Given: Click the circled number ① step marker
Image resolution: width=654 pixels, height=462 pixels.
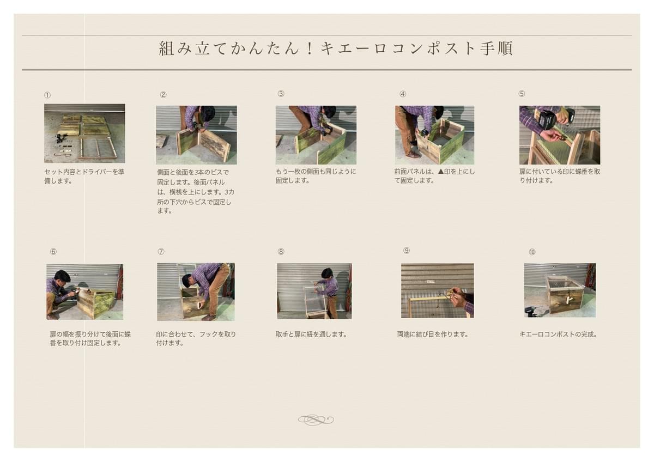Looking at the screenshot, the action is [47, 95].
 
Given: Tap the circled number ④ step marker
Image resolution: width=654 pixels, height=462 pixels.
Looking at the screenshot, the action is [403, 94].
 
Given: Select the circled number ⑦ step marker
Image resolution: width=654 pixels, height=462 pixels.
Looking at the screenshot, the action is [161, 252].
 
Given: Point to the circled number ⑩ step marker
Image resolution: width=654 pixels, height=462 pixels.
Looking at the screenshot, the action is [532, 252].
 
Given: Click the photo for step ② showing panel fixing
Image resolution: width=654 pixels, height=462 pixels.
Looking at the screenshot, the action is [196, 135].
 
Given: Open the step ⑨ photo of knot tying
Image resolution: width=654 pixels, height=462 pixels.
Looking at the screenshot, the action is [437, 291].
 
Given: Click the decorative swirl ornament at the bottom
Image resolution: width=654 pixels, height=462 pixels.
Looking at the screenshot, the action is [316, 420].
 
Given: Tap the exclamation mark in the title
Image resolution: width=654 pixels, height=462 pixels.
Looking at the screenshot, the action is [310, 48].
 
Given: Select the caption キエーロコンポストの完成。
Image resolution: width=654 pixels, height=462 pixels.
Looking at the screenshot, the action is [559, 334].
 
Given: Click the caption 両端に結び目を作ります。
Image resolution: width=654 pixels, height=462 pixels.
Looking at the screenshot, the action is [433, 334].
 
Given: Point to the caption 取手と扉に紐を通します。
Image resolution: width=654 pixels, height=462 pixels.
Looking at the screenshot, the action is [312, 334].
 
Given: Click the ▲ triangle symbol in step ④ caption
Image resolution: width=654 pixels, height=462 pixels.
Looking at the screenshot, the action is [440, 171].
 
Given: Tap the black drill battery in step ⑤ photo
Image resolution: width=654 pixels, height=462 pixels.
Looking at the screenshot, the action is [547, 120].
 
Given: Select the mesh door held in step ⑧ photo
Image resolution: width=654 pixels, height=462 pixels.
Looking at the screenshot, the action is [316, 301].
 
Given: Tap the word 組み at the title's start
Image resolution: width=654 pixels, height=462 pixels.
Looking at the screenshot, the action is [175, 48].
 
